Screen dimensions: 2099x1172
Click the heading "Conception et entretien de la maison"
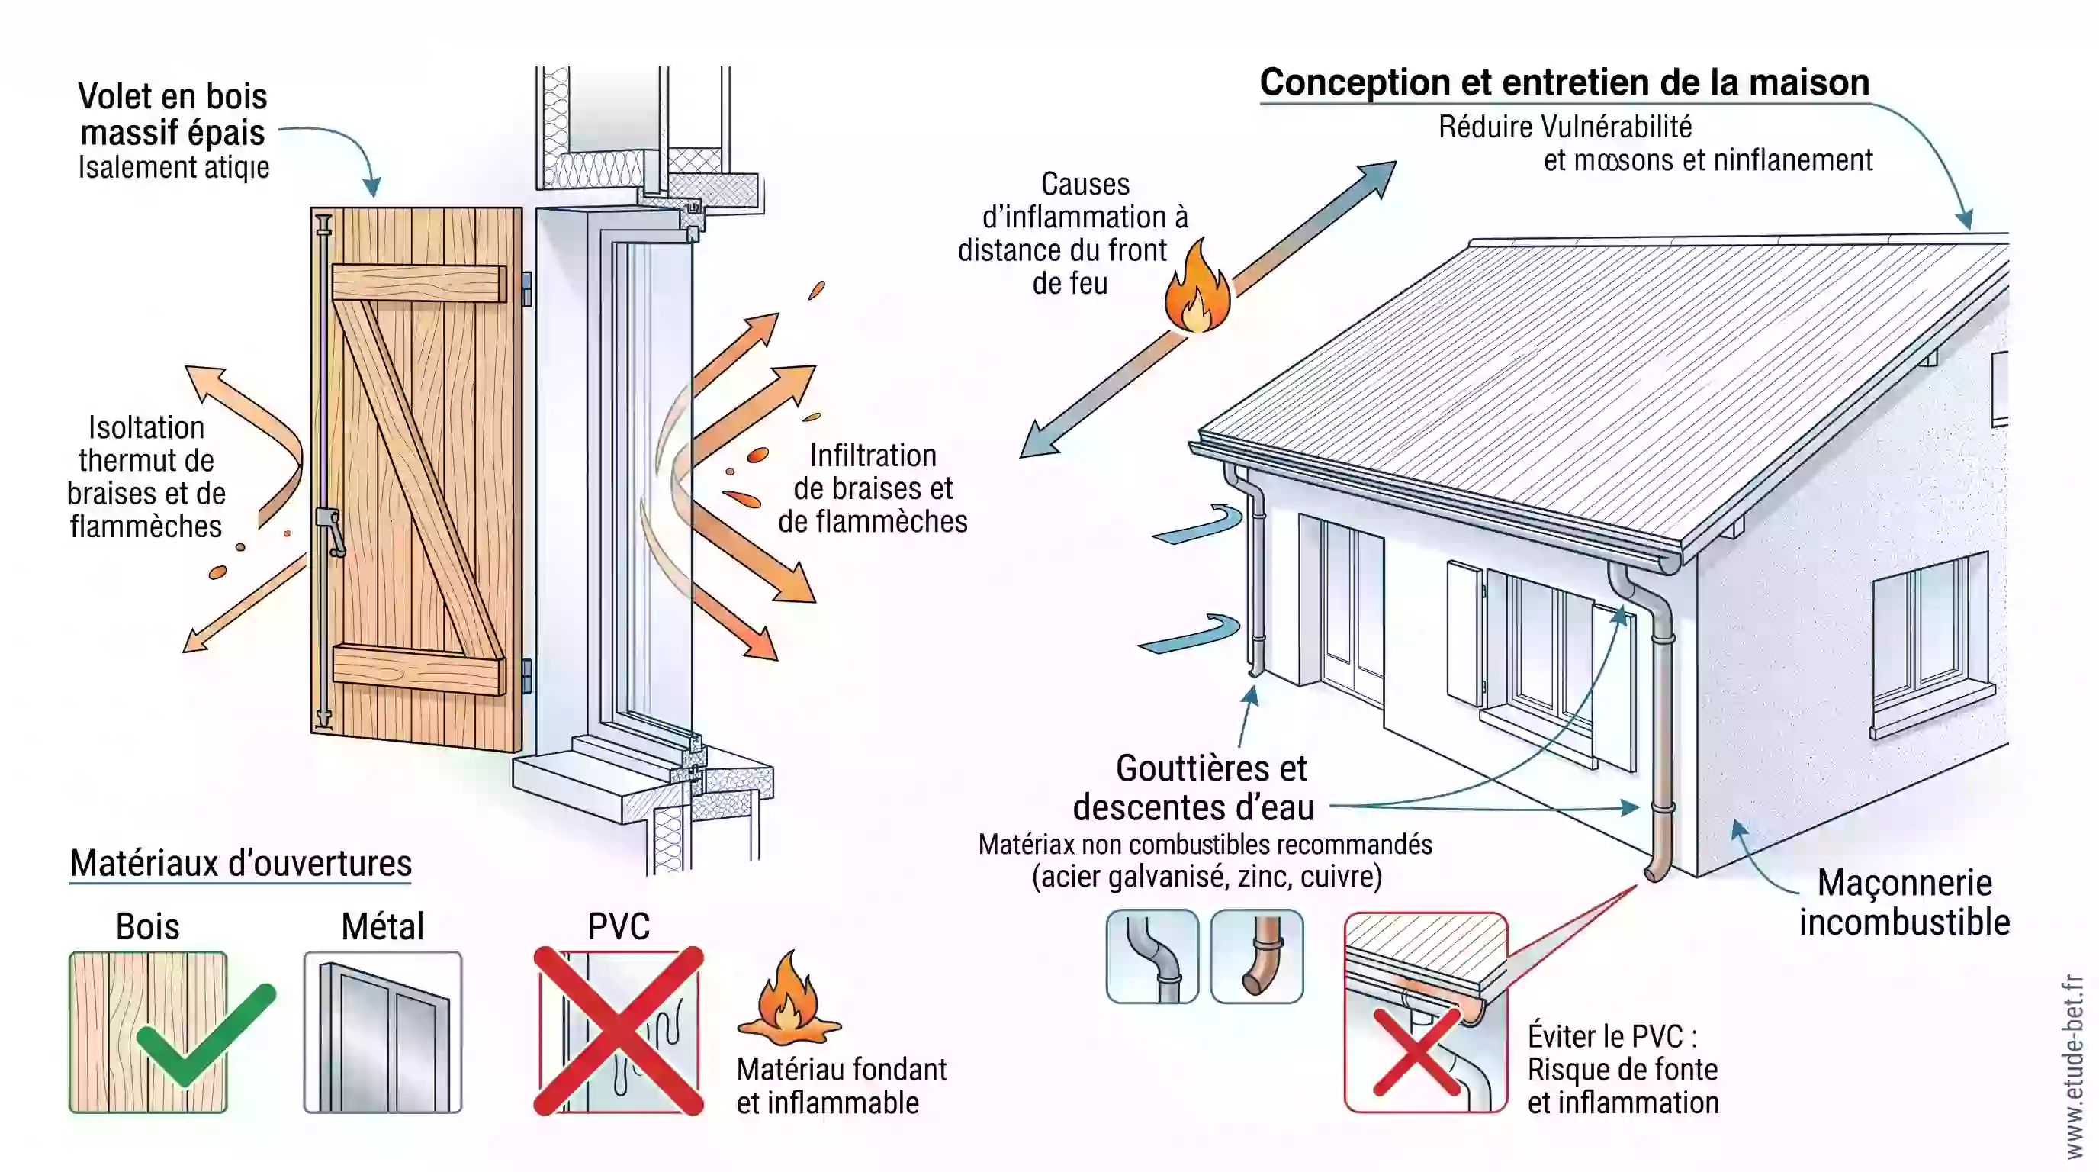[1564, 82]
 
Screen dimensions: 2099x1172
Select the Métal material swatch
[382, 1032]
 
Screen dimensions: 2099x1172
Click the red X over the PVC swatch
[619, 1031]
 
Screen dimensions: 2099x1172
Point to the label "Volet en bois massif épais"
[172, 114]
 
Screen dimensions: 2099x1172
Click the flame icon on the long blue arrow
[1196, 285]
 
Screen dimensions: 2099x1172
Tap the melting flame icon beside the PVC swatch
[788, 998]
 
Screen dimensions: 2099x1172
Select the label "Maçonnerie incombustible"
[1905, 902]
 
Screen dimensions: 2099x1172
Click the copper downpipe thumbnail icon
[1256, 956]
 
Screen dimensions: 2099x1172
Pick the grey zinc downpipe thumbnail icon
[1152, 956]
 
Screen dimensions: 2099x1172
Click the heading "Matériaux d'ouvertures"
[240, 863]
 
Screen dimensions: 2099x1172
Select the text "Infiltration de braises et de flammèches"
[873, 488]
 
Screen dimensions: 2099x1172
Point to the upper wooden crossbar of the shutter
[419, 284]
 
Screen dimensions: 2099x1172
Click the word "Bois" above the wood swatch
[147, 926]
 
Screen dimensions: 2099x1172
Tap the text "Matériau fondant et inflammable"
[842, 1086]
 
